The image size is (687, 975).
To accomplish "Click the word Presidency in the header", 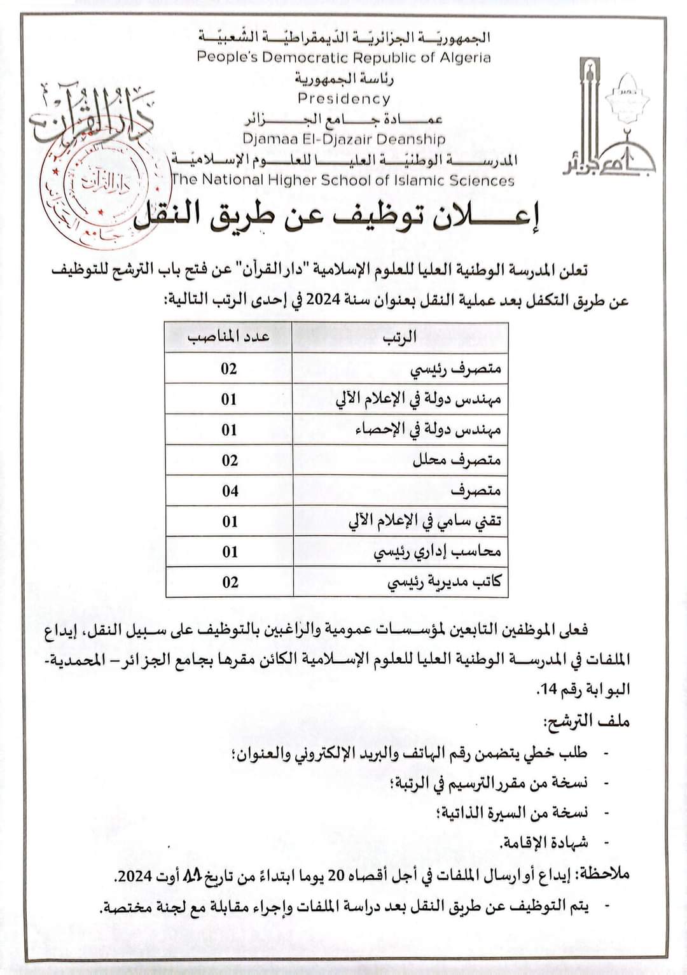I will (x=343, y=99).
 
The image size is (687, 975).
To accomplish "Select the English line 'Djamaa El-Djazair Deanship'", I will (x=343, y=139).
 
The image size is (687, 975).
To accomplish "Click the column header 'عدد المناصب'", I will (x=228, y=337).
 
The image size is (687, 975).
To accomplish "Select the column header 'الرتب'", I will (x=399, y=337).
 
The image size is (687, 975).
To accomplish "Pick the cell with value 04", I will (x=230, y=491).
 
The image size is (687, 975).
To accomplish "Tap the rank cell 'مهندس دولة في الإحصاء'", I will (x=427, y=430).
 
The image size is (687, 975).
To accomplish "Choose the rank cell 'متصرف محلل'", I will (x=456, y=460).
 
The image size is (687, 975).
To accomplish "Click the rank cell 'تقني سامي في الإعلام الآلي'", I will (x=424, y=521).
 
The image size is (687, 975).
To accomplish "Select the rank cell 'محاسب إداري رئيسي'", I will (x=437, y=552).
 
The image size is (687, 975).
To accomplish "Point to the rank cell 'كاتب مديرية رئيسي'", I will (x=444, y=582).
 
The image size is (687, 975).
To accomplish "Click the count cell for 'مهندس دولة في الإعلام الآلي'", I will (x=229, y=399).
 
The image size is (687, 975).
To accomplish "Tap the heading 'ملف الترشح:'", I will (x=586, y=721).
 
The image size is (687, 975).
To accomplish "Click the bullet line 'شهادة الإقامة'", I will (x=543, y=843).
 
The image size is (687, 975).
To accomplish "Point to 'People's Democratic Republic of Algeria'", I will (x=343, y=57).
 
